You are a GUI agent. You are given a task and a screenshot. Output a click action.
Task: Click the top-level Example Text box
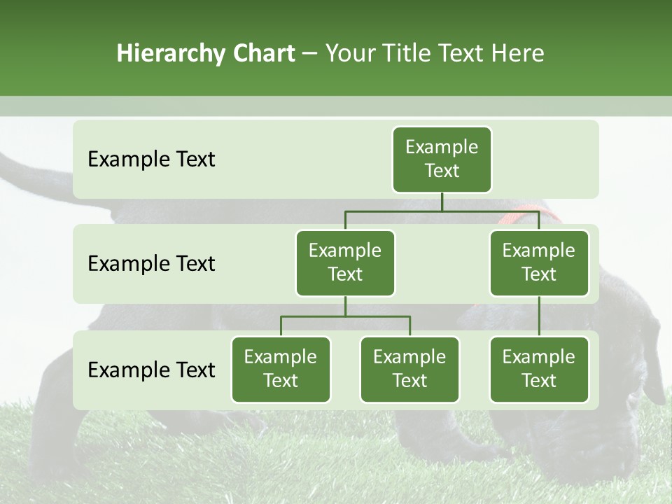(x=442, y=160)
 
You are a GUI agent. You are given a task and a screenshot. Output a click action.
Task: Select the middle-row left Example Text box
(x=345, y=263)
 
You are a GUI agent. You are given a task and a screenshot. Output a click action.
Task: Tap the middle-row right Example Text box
(x=539, y=263)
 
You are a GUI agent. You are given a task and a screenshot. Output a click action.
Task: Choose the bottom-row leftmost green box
(x=281, y=370)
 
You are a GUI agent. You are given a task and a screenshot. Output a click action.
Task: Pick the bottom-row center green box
(x=409, y=370)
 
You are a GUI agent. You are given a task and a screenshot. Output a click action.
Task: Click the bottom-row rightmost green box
(x=539, y=370)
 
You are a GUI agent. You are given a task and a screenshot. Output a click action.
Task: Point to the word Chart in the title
(x=262, y=54)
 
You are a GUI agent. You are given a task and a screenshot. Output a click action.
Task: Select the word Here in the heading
(x=518, y=54)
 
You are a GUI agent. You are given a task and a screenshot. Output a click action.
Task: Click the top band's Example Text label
(x=151, y=160)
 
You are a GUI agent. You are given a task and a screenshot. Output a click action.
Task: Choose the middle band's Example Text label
(x=151, y=264)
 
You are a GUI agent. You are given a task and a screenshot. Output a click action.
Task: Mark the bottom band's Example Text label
(x=151, y=370)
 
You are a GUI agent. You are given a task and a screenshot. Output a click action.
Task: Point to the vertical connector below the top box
(x=442, y=202)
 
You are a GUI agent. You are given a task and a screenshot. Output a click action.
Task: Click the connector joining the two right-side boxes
(x=539, y=316)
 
